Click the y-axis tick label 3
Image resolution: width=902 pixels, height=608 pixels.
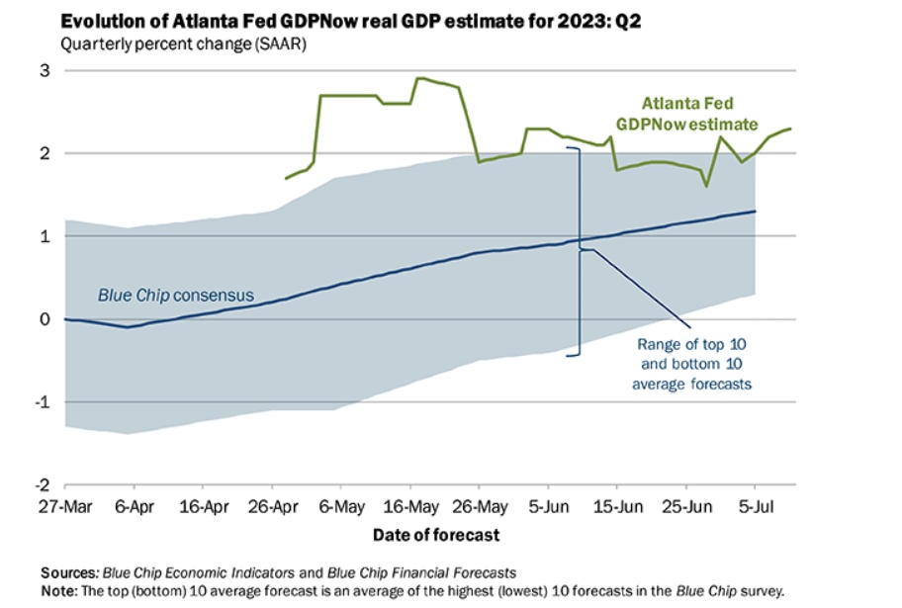click(x=45, y=70)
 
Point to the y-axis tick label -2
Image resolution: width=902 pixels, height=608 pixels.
click(x=43, y=484)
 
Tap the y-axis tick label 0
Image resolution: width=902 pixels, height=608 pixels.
click(x=45, y=319)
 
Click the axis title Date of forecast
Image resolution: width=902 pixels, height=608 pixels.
click(x=436, y=535)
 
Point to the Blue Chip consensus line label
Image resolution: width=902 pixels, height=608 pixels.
click(x=175, y=295)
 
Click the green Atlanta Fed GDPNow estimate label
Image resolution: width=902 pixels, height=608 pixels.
click(x=699, y=113)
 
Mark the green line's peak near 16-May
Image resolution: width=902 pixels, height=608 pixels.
click(x=419, y=78)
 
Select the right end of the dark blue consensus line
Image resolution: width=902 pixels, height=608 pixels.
click(x=756, y=211)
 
